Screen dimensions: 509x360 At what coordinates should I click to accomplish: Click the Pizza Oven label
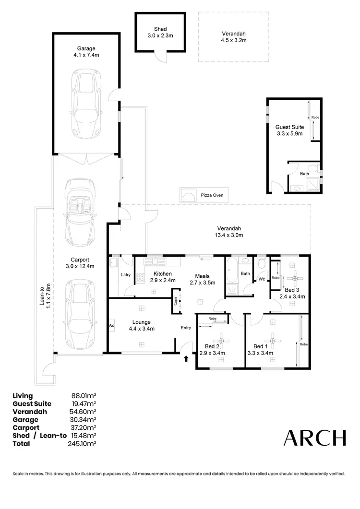212,195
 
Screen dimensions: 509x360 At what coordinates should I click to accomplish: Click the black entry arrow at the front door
186,358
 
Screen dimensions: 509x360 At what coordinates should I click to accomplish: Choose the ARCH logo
315,438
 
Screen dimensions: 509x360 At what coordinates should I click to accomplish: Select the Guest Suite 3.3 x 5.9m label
289,130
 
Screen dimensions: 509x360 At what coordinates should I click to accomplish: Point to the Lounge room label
142,325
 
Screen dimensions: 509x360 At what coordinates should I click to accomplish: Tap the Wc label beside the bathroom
262,279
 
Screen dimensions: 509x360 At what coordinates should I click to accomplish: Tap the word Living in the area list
23,396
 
